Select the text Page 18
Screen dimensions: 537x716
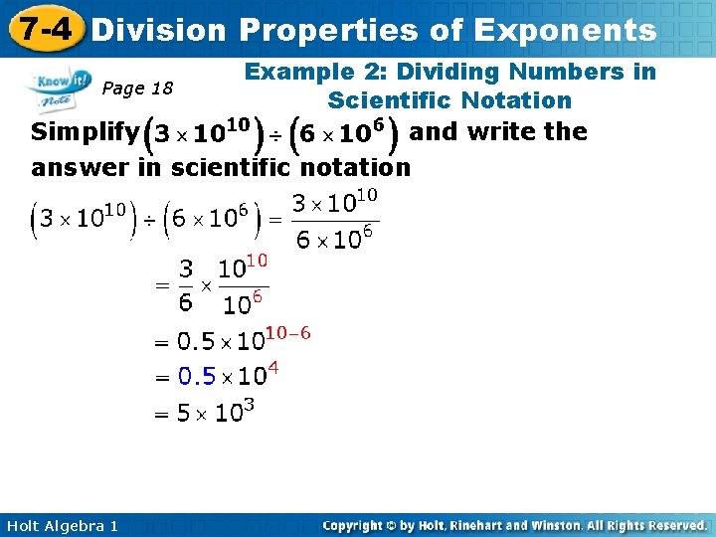[138, 89]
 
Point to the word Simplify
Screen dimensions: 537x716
[85, 132]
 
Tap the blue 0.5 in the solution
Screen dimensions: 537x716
[197, 377]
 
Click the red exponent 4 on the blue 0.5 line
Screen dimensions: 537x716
[273, 368]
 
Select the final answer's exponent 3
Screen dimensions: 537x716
[250, 405]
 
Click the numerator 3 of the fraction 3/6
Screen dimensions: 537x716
[186, 269]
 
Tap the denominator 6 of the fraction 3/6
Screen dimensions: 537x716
[186, 302]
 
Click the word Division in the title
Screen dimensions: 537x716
[158, 30]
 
